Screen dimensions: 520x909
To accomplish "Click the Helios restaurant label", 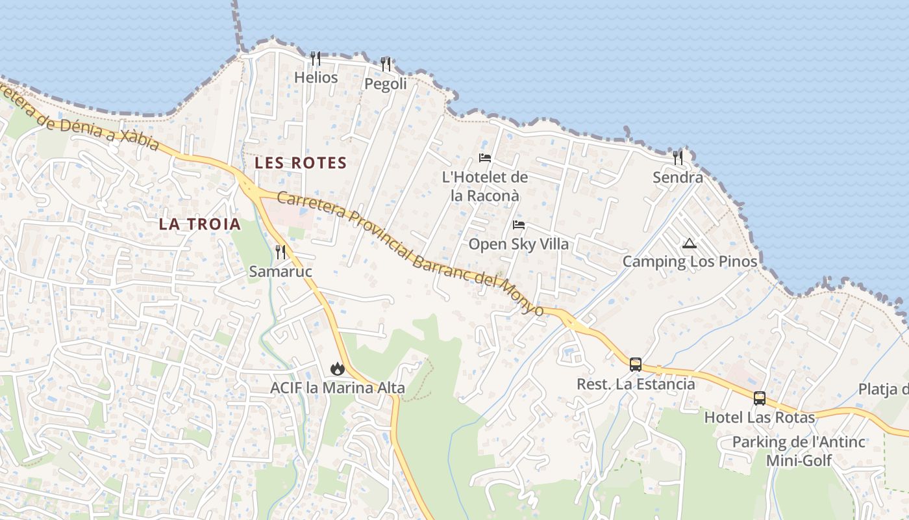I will [x=316, y=78].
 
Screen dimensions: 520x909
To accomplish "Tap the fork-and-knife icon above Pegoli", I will [x=386, y=64].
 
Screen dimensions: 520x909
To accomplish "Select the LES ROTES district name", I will [x=301, y=162].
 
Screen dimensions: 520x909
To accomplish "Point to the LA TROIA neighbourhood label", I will [x=200, y=224].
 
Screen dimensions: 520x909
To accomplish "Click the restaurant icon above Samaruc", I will [x=280, y=252].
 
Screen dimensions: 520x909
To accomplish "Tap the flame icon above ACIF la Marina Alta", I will [x=337, y=369].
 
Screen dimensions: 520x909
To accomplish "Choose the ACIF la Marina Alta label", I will [x=338, y=388].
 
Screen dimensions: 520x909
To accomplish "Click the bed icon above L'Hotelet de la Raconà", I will [x=485, y=157].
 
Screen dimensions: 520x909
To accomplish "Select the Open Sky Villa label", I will [x=519, y=244].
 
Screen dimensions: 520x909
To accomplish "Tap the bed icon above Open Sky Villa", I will [x=519, y=225].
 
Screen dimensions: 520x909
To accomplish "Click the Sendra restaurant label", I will [x=678, y=177].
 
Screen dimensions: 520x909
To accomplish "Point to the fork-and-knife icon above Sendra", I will [x=678, y=157].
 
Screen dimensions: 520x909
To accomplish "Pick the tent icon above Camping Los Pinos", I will [x=690, y=244].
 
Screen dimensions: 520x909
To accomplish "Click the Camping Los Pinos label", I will [x=690, y=262].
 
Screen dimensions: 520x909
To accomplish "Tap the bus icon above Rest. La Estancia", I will [x=636, y=364].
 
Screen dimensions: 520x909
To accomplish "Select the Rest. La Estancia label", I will [x=636, y=384].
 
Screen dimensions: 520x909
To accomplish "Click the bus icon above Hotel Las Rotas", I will [x=760, y=398].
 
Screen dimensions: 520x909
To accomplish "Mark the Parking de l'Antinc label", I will [x=799, y=442].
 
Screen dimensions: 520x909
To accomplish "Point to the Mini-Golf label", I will [x=799, y=461].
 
